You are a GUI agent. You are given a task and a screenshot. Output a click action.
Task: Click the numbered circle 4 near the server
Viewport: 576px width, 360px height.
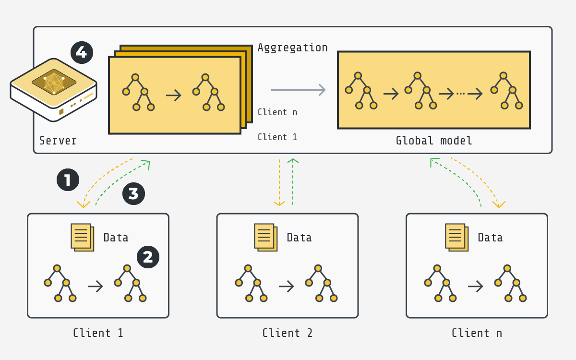click(x=82, y=52)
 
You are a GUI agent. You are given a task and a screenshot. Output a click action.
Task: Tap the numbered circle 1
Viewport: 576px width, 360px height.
click(x=68, y=180)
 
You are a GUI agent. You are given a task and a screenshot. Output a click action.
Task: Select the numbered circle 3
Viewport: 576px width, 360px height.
click(x=133, y=193)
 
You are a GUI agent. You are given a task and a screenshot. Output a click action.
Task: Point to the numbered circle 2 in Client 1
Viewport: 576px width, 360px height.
click(x=148, y=257)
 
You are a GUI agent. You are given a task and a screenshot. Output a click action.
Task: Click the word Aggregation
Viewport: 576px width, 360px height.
click(x=292, y=48)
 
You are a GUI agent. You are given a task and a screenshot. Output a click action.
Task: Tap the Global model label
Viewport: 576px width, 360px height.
click(x=434, y=141)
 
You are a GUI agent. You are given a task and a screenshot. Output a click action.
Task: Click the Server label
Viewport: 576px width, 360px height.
click(x=58, y=141)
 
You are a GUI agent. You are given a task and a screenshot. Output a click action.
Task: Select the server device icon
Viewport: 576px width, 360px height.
click(x=54, y=89)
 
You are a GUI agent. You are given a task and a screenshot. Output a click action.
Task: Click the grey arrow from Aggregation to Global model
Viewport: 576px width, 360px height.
click(x=298, y=90)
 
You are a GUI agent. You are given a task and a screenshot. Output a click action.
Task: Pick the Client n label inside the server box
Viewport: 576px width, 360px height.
click(x=277, y=112)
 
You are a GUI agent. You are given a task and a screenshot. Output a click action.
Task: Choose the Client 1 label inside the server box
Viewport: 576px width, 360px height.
click(x=277, y=137)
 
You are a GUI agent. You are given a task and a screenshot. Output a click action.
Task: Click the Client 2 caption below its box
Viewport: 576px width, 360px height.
click(x=287, y=333)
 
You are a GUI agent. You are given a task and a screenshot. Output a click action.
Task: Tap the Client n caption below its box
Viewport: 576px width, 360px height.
click(x=477, y=333)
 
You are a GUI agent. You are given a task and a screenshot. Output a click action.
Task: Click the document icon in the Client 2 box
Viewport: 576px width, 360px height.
click(x=265, y=237)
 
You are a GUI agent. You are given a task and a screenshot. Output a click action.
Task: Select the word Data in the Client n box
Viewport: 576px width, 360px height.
click(x=490, y=238)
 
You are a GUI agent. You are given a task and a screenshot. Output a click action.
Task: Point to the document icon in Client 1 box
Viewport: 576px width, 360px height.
click(x=82, y=237)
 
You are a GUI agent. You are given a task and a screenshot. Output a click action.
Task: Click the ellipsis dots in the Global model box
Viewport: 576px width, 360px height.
click(x=460, y=94)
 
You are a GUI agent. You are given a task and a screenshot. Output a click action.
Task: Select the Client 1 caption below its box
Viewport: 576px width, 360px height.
click(x=98, y=333)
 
